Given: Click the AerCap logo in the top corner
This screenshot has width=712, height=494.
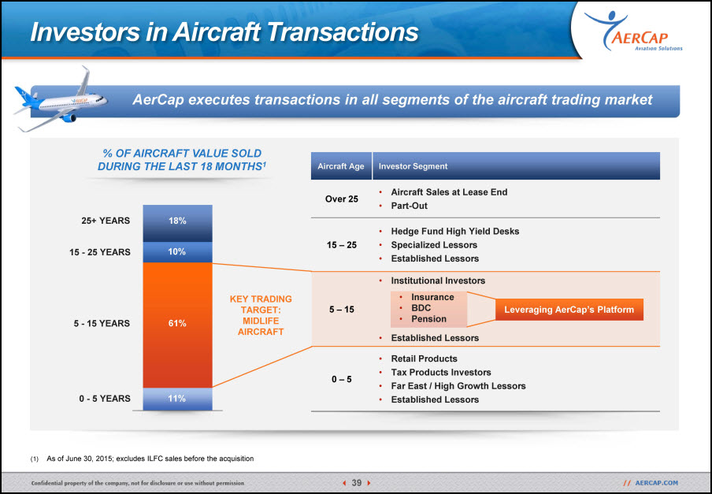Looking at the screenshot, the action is click(633, 32).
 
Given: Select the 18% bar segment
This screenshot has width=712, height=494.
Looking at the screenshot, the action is click(177, 224).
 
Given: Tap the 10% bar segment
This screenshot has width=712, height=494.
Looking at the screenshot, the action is click(177, 252).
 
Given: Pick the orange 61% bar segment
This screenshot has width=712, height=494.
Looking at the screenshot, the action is click(177, 325).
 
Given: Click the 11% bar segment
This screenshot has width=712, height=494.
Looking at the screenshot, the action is click(177, 399).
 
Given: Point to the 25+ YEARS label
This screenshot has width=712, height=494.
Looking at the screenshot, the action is click(106, 221).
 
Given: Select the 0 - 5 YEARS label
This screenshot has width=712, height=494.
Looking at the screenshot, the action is click(105, 399).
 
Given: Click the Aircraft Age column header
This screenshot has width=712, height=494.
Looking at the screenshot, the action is click(341, 166).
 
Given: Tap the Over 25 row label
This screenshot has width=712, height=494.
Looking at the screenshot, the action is click(342, 199).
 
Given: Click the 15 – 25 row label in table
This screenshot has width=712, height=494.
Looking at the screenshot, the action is click(342, 245).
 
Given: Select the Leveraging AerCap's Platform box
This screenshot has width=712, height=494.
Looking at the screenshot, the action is click(569, 310).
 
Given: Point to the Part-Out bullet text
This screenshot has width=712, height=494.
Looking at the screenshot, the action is click(409, 206).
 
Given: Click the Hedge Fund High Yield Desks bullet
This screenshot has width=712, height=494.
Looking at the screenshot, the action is click(455, 232).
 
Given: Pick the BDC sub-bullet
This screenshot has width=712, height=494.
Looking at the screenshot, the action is click(421, 308).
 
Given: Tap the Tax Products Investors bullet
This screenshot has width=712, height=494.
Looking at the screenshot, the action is click(441, 373).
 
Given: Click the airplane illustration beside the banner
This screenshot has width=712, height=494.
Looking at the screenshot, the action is click(60, 101).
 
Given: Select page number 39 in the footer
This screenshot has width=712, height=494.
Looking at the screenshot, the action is click(357, 483).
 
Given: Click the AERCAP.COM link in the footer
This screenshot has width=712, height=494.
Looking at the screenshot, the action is click(656, 483).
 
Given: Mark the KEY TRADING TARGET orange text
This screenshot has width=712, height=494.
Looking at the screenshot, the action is click(261, 316).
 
